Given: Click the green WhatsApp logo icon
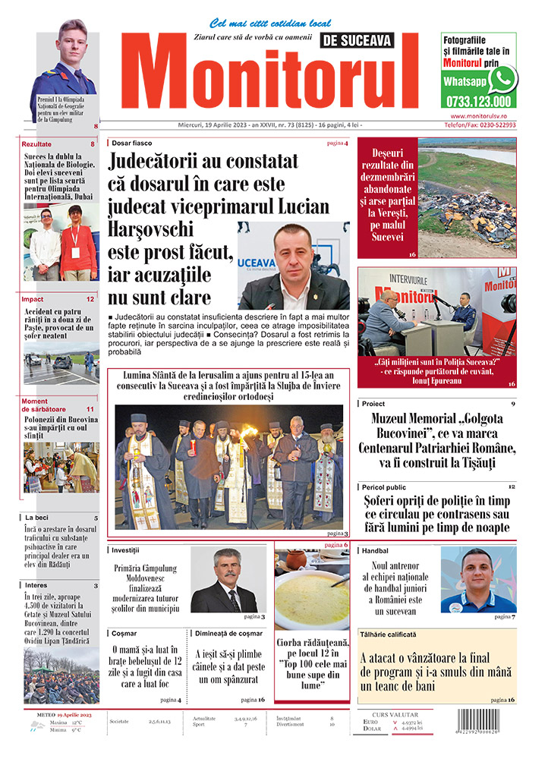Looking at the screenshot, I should [502, 79].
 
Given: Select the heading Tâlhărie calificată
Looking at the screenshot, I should [389, 634].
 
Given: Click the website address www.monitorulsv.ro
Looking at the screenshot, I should [478, 115].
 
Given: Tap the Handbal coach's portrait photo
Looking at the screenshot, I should [477, 580].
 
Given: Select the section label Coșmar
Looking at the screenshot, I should [122, 631].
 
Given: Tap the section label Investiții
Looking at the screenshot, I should [126, 549].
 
